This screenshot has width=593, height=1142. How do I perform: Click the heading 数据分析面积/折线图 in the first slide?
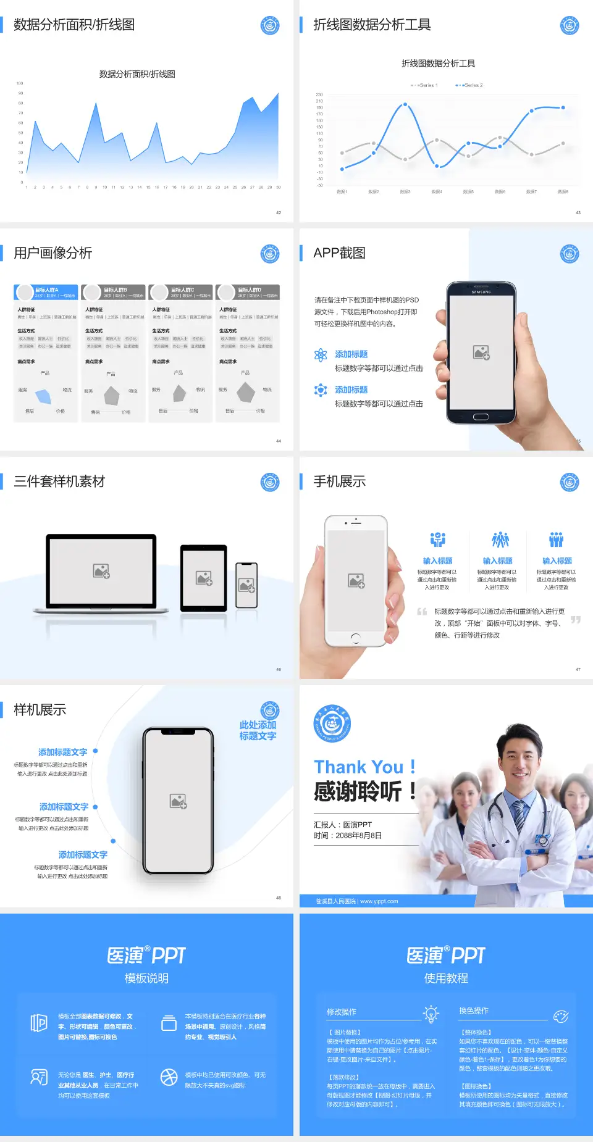[74, 25]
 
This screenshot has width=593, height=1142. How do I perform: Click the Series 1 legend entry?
[424, 85]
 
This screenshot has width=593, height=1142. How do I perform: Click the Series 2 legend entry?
[470, 85]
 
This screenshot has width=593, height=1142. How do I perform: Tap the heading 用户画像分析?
[53, 253]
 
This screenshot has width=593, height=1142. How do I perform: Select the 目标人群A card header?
[46, 292]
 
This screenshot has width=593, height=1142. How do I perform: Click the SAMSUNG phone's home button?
[481, 417]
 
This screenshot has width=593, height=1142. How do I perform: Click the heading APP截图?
[339, 253]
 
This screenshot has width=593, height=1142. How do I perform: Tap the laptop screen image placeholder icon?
[101, 571]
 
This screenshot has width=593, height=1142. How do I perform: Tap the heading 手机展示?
[339, 481]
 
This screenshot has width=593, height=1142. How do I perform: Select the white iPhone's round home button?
[355, 637]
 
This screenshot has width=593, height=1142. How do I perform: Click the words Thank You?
[358, 767]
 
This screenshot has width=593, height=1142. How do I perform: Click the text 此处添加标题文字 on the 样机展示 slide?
[258, 730]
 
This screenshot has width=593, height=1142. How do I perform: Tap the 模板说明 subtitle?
[146, 978]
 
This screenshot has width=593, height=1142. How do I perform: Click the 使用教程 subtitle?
[446, 978]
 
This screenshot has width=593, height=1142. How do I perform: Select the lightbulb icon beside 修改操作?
[431, 1014]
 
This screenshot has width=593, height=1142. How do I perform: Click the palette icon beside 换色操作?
[560, 1016]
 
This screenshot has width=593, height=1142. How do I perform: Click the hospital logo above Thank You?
[332, 723]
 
